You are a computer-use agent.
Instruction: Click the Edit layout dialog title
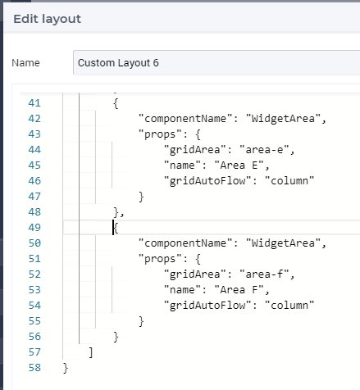[x=47, y=19]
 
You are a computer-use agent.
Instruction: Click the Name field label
[x=25, y=63]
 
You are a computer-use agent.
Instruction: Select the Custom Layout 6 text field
[x=216, y=62]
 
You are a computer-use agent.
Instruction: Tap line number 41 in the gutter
[x=34, y=103]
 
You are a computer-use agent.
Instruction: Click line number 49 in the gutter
[x=34, y=228]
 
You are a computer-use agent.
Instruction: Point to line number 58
[x=34, y=368]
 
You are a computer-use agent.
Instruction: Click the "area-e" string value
[x=264, y=150]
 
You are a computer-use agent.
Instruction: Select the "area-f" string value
[x=264, y=274]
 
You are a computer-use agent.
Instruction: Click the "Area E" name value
[x=239, y=166]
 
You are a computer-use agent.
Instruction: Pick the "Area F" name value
[x=239, y=290]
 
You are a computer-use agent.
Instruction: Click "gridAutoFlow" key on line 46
[x=207, y=181]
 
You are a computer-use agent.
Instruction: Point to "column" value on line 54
[x=289, y=306]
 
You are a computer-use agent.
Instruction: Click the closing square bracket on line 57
[x=91, y=352]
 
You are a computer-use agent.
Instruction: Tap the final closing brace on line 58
[x=66, y=368]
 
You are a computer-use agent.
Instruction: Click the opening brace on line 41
[x=116, y=103]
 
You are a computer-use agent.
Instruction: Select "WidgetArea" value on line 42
[x=283, y=119]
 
